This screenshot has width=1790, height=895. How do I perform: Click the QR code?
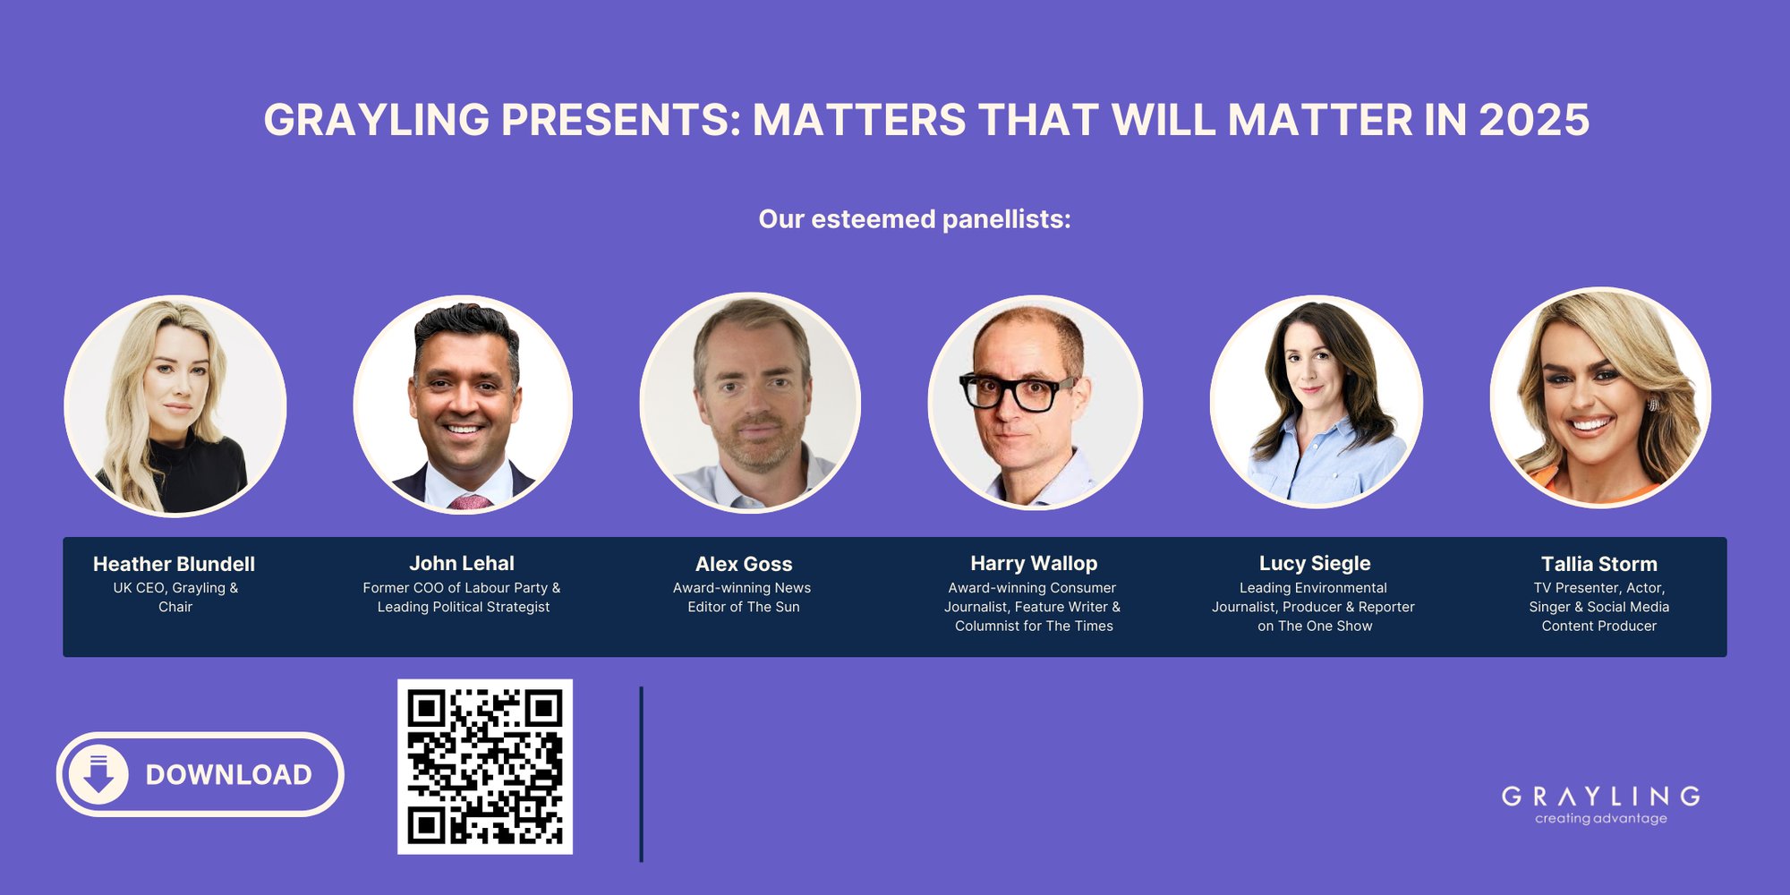pos(485,766)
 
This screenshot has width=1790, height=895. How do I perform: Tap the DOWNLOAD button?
pos(200,774)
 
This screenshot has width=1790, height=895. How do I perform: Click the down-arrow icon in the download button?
pos(98,774)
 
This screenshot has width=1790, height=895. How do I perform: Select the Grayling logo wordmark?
pos(1600,796)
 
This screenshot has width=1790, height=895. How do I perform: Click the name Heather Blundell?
pos(174,564)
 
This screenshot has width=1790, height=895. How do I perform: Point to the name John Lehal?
pos(462,563)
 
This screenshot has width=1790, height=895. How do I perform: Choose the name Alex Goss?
pos(744,564)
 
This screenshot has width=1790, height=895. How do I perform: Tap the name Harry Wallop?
pos(1034,563)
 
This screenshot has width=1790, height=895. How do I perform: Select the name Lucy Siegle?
pos(1315,563)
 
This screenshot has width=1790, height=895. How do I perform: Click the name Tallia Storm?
pos(1599,564)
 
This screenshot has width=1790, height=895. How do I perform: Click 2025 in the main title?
pos(1534,120)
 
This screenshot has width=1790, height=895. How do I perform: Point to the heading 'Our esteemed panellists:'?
pos(915,219)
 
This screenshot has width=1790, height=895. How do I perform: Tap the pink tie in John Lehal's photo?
pos(469,502)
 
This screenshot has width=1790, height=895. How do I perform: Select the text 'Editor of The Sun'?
pos(744,607)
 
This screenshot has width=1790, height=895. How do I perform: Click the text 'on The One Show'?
pos(1315,626)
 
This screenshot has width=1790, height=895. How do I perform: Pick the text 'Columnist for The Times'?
pos(1034,626)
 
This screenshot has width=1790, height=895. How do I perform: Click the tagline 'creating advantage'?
pos(1600,818)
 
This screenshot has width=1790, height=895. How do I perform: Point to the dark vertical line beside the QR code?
pos(642,774)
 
